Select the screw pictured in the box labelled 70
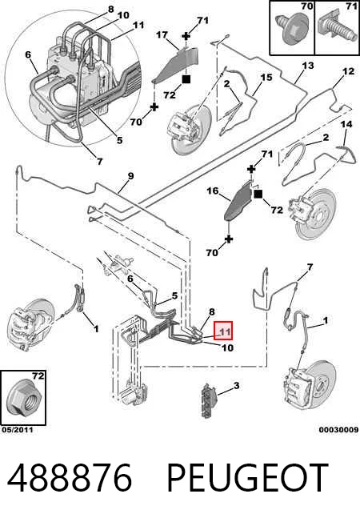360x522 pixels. point(290,30)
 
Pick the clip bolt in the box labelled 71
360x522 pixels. point(336,30)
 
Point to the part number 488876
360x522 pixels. point(70,477)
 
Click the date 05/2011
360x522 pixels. point(18,430)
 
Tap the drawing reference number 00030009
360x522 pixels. point(338,430)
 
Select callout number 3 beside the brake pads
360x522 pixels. point(236,386)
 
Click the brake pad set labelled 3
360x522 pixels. point(208,400)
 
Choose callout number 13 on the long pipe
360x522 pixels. point(308,66)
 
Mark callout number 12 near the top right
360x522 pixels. point(348,71)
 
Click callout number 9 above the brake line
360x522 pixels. point(130,176)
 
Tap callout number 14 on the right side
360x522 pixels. point(346,125)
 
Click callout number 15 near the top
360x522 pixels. point(266,78)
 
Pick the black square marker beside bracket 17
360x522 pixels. point(186,79)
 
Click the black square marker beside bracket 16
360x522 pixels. point(258,194)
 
